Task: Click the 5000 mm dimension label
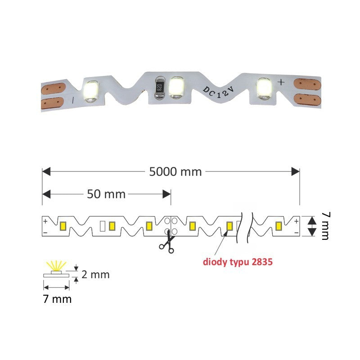[175, 172]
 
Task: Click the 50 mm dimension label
[106, 194]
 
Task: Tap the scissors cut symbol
[167, 242]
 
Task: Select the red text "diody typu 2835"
[238, 262]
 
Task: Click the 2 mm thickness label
[95, 274]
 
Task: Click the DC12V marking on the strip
[218, 92]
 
